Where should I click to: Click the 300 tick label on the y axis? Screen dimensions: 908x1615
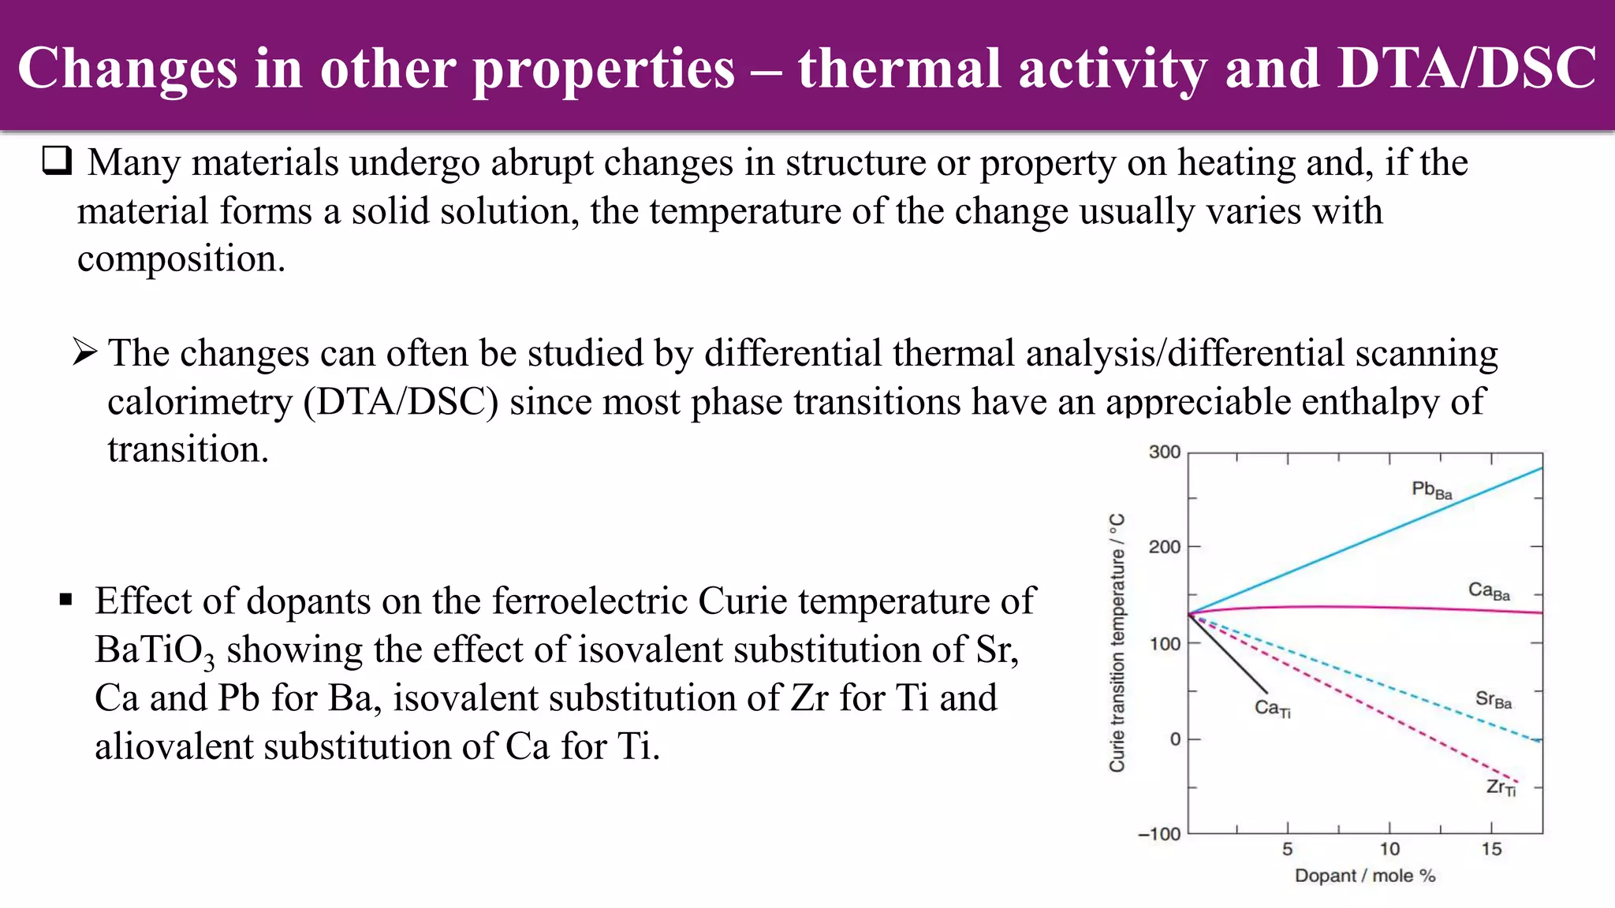(x=1164, y=452)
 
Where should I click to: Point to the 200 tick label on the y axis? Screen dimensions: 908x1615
(x=1164, y=547)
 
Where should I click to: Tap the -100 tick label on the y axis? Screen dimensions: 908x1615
(x=1159, y=835)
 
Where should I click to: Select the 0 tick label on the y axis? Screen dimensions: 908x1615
(x=1175, y=739)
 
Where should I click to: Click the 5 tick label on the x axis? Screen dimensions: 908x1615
(x=1288, y=850)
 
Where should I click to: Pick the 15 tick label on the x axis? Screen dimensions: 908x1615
(x=1491, y=850)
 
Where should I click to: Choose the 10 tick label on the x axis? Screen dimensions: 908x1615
(x=1389, y=850)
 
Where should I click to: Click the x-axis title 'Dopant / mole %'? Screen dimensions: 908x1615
(x=1365, y=876)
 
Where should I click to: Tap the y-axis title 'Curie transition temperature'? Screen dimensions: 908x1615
(x=1117, y=642)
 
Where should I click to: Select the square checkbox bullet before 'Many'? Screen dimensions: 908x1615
(x=57, y=161)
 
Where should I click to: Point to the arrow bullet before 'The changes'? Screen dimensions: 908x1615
(x=85, y=352)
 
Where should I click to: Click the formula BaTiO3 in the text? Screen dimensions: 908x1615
(x=155, y=651)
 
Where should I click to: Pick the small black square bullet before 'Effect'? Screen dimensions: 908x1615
(x=66, y=601)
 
